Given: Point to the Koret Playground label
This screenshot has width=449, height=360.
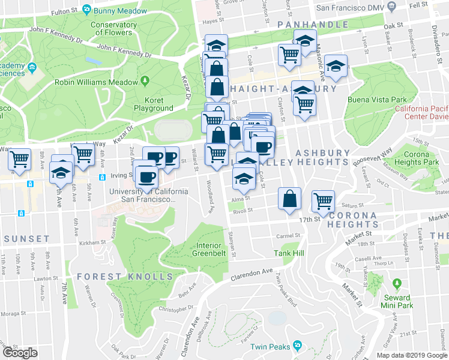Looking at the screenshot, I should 154,104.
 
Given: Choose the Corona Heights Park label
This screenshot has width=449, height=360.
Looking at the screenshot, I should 422,158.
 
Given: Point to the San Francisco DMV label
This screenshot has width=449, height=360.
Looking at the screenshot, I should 350,8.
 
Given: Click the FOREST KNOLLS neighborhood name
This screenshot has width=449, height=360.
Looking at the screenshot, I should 125,277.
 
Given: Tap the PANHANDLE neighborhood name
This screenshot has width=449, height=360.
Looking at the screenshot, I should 312,25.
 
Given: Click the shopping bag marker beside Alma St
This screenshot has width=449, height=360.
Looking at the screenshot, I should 290,199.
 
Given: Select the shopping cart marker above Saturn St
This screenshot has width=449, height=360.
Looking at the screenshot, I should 324,200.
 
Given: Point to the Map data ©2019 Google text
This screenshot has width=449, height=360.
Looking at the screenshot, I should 411,355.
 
